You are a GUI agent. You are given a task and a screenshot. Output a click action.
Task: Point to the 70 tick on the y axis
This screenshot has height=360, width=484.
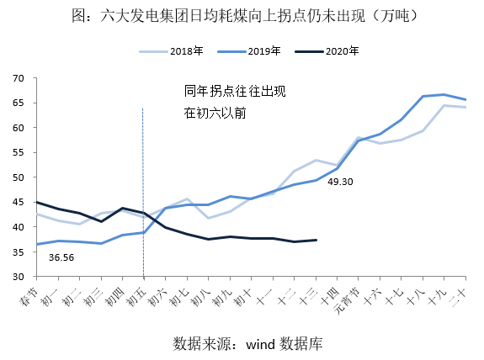(x=17, y=78)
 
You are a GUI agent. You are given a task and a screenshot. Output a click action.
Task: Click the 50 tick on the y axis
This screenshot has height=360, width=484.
(x=17, y=177)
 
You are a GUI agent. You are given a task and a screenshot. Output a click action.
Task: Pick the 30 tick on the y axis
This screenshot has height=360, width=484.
(x=17, y=277)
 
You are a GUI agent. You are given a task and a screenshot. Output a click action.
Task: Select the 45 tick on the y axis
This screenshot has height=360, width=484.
(x=17, y=203)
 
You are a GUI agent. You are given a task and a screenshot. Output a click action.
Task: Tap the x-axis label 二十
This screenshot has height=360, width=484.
(x=461, y=296)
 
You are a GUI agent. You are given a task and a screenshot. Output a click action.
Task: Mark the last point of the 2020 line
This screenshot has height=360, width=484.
(x=316, y=240)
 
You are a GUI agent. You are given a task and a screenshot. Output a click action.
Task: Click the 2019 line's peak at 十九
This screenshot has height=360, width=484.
(x=444, y=95)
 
